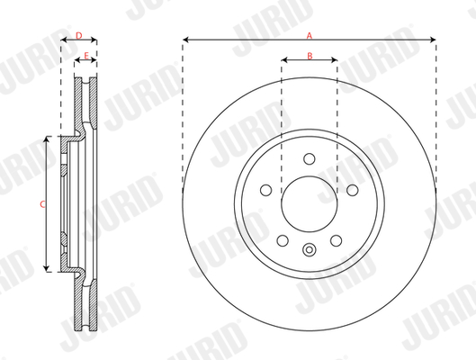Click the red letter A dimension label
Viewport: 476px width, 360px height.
point(309,36)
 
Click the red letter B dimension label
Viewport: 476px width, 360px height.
point(310,56)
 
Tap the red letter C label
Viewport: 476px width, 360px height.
point(42,204)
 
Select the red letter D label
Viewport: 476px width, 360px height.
point(78,36)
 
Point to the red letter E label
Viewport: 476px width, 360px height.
point(86,56)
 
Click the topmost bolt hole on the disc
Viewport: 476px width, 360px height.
point(310,158)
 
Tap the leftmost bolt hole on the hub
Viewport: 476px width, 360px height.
point(266,190)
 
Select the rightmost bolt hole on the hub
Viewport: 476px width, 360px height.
point(353,190)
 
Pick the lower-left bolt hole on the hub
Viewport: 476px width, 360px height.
point(283,240)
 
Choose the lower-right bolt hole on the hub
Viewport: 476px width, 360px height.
point(336,240)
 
